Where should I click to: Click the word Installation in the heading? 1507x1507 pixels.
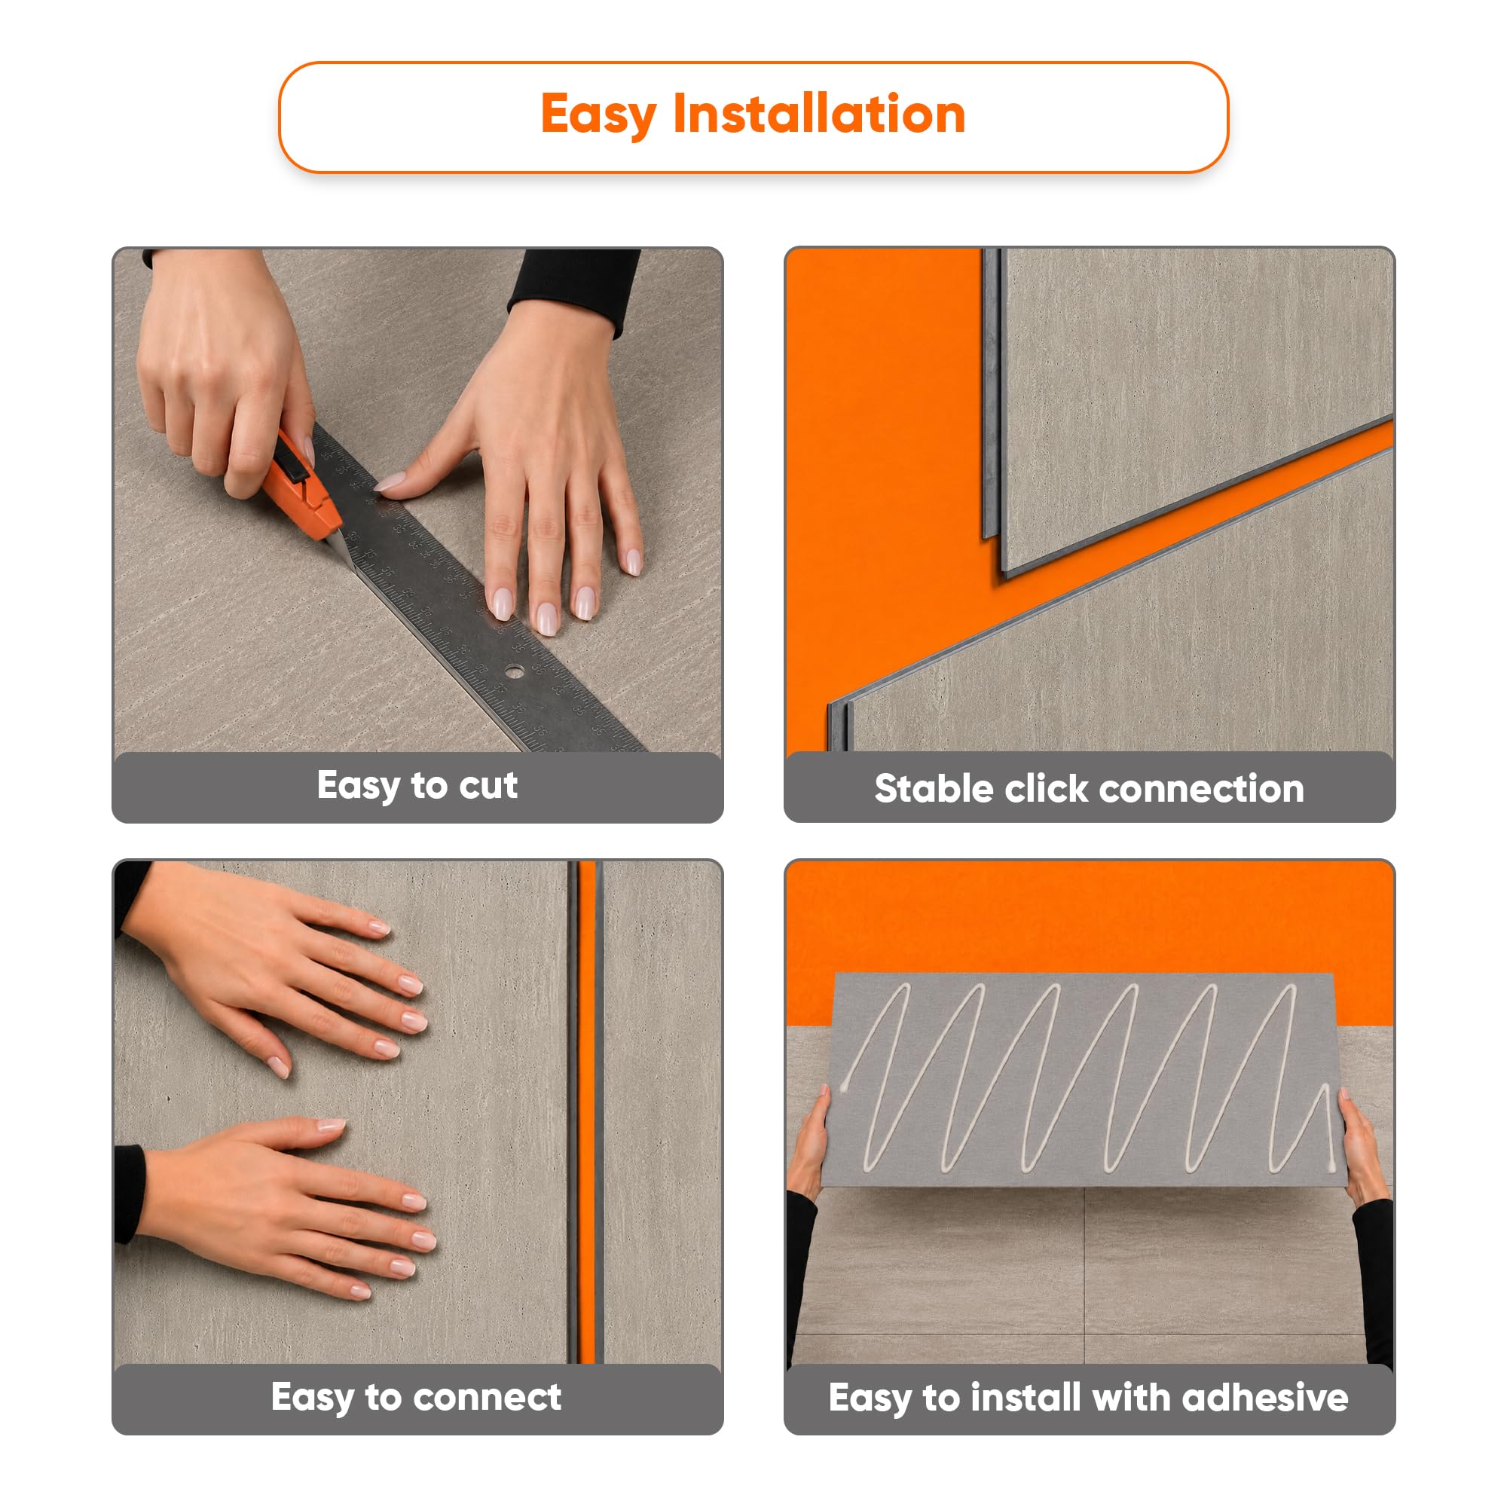coord(819,114)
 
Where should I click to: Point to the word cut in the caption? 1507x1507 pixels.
coord(488,785)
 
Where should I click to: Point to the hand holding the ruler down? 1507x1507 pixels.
coord(530,468)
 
